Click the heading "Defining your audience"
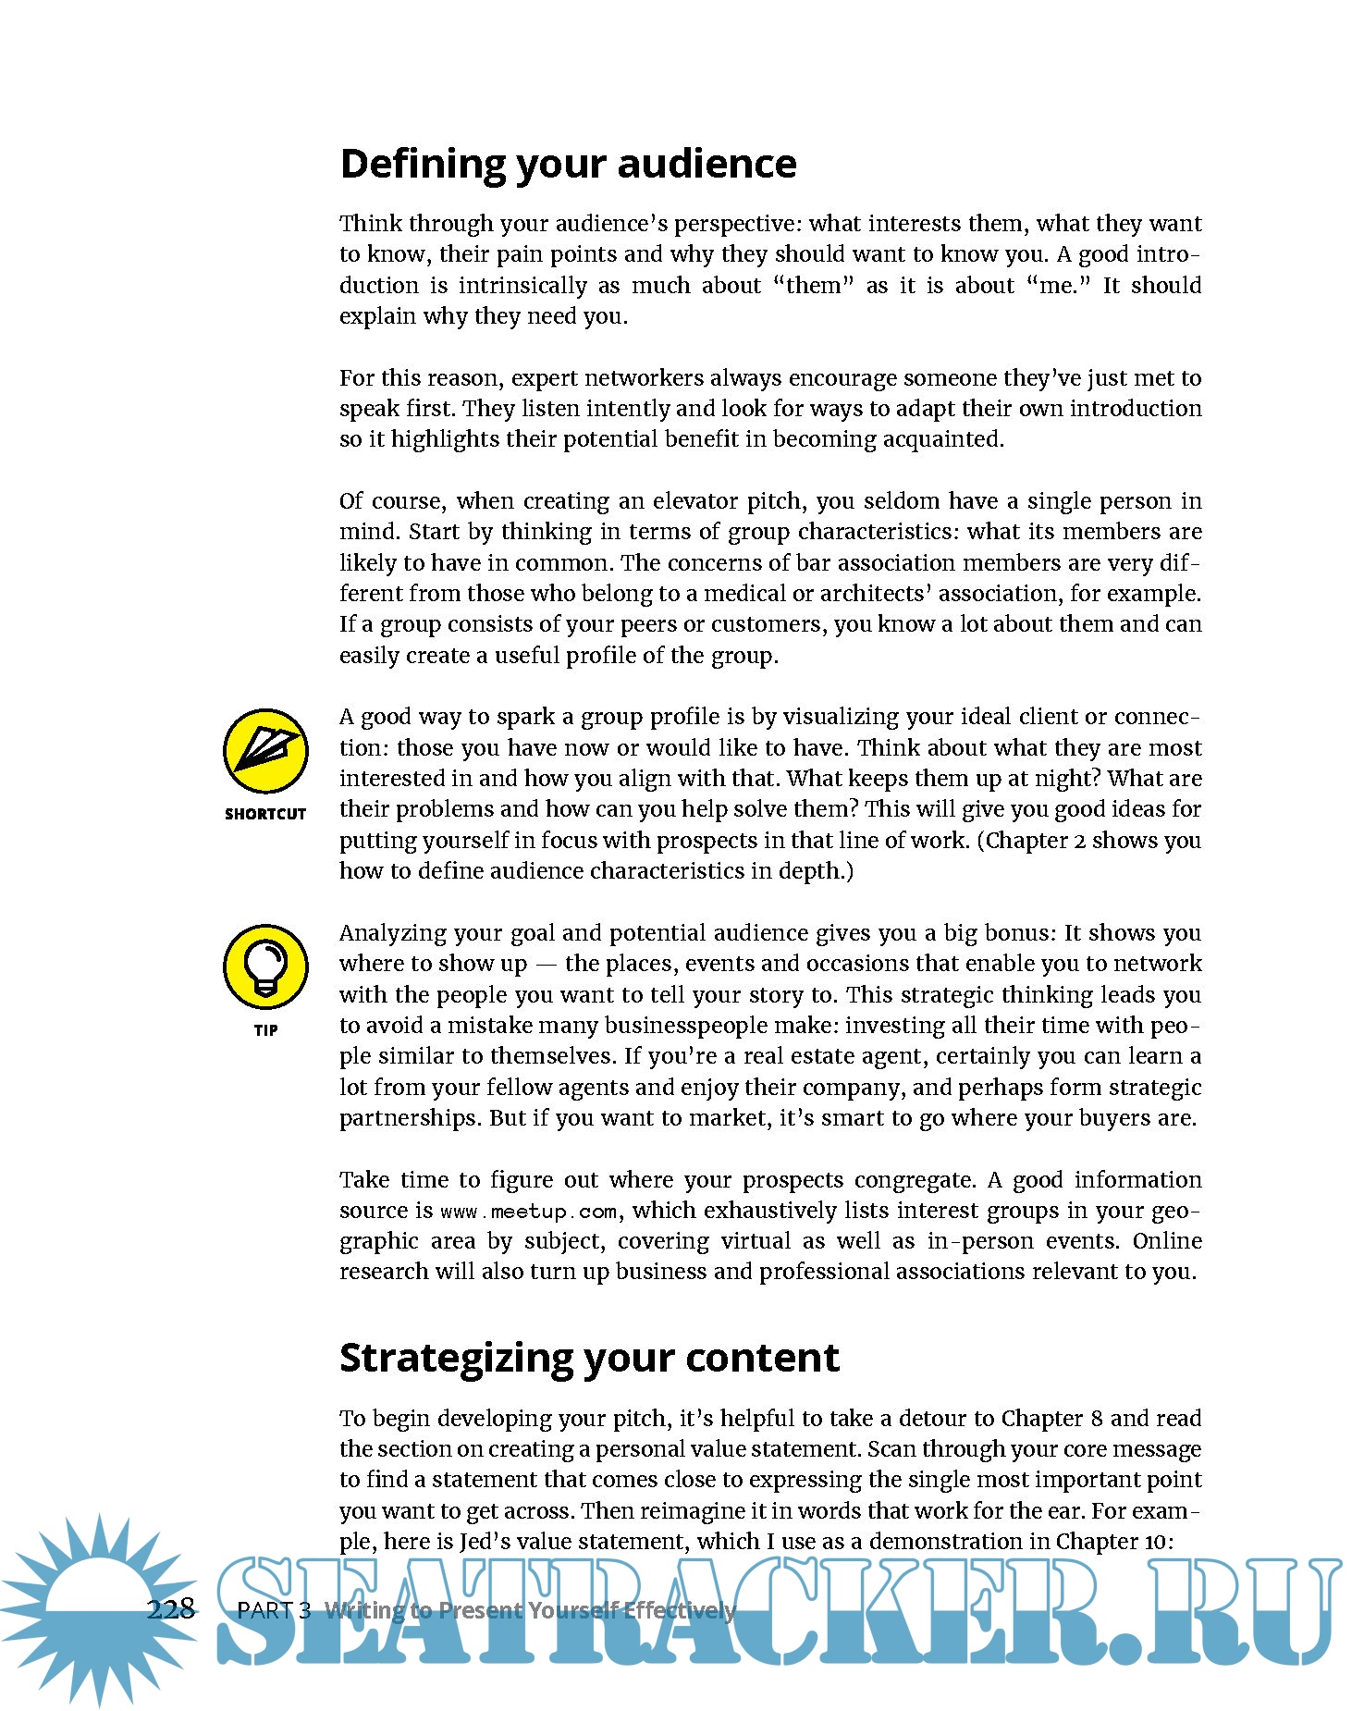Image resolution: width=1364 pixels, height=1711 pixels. (x=568, y=164)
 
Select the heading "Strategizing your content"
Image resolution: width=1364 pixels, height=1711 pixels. (x=589, y=1358)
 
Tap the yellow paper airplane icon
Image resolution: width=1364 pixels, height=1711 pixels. (x=265, y=751)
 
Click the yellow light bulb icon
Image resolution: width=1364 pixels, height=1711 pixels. (x=265, y=966)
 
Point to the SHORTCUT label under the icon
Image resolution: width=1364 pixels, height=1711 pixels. (x=265, y=814)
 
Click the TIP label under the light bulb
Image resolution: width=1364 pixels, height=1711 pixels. (x=265, y=1030)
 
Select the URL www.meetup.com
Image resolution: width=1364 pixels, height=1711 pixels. (x=528, y=1212)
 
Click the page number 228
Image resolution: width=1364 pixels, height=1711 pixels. (x=171, y=1608)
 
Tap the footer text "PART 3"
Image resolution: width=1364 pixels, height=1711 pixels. (x=274, y=1610)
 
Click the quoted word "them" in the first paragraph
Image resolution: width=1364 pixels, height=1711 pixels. (x=813, y=286)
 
